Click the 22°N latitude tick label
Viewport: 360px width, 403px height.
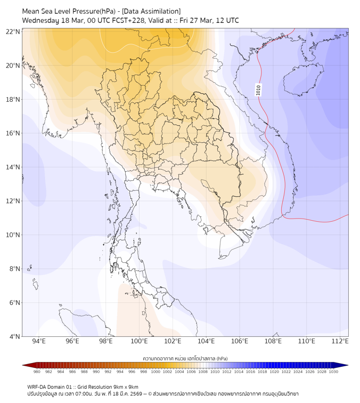(13, 32)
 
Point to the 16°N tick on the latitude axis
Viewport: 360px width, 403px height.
(13, 133)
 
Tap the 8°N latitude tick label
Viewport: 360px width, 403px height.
(15, 269)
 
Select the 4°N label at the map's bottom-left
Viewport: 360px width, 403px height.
(15, 336)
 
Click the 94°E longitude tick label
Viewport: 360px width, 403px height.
(39, 342)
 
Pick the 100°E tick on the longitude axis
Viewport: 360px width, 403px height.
(140, 342)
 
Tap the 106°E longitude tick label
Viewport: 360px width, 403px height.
(240, 342)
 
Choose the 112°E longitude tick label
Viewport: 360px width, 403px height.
(340, 342)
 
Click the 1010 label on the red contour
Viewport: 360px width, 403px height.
(259, 90)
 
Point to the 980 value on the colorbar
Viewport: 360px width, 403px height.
(37, 372)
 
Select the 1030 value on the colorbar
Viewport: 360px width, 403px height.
(333, 372)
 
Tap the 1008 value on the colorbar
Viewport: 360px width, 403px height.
(203, 372)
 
